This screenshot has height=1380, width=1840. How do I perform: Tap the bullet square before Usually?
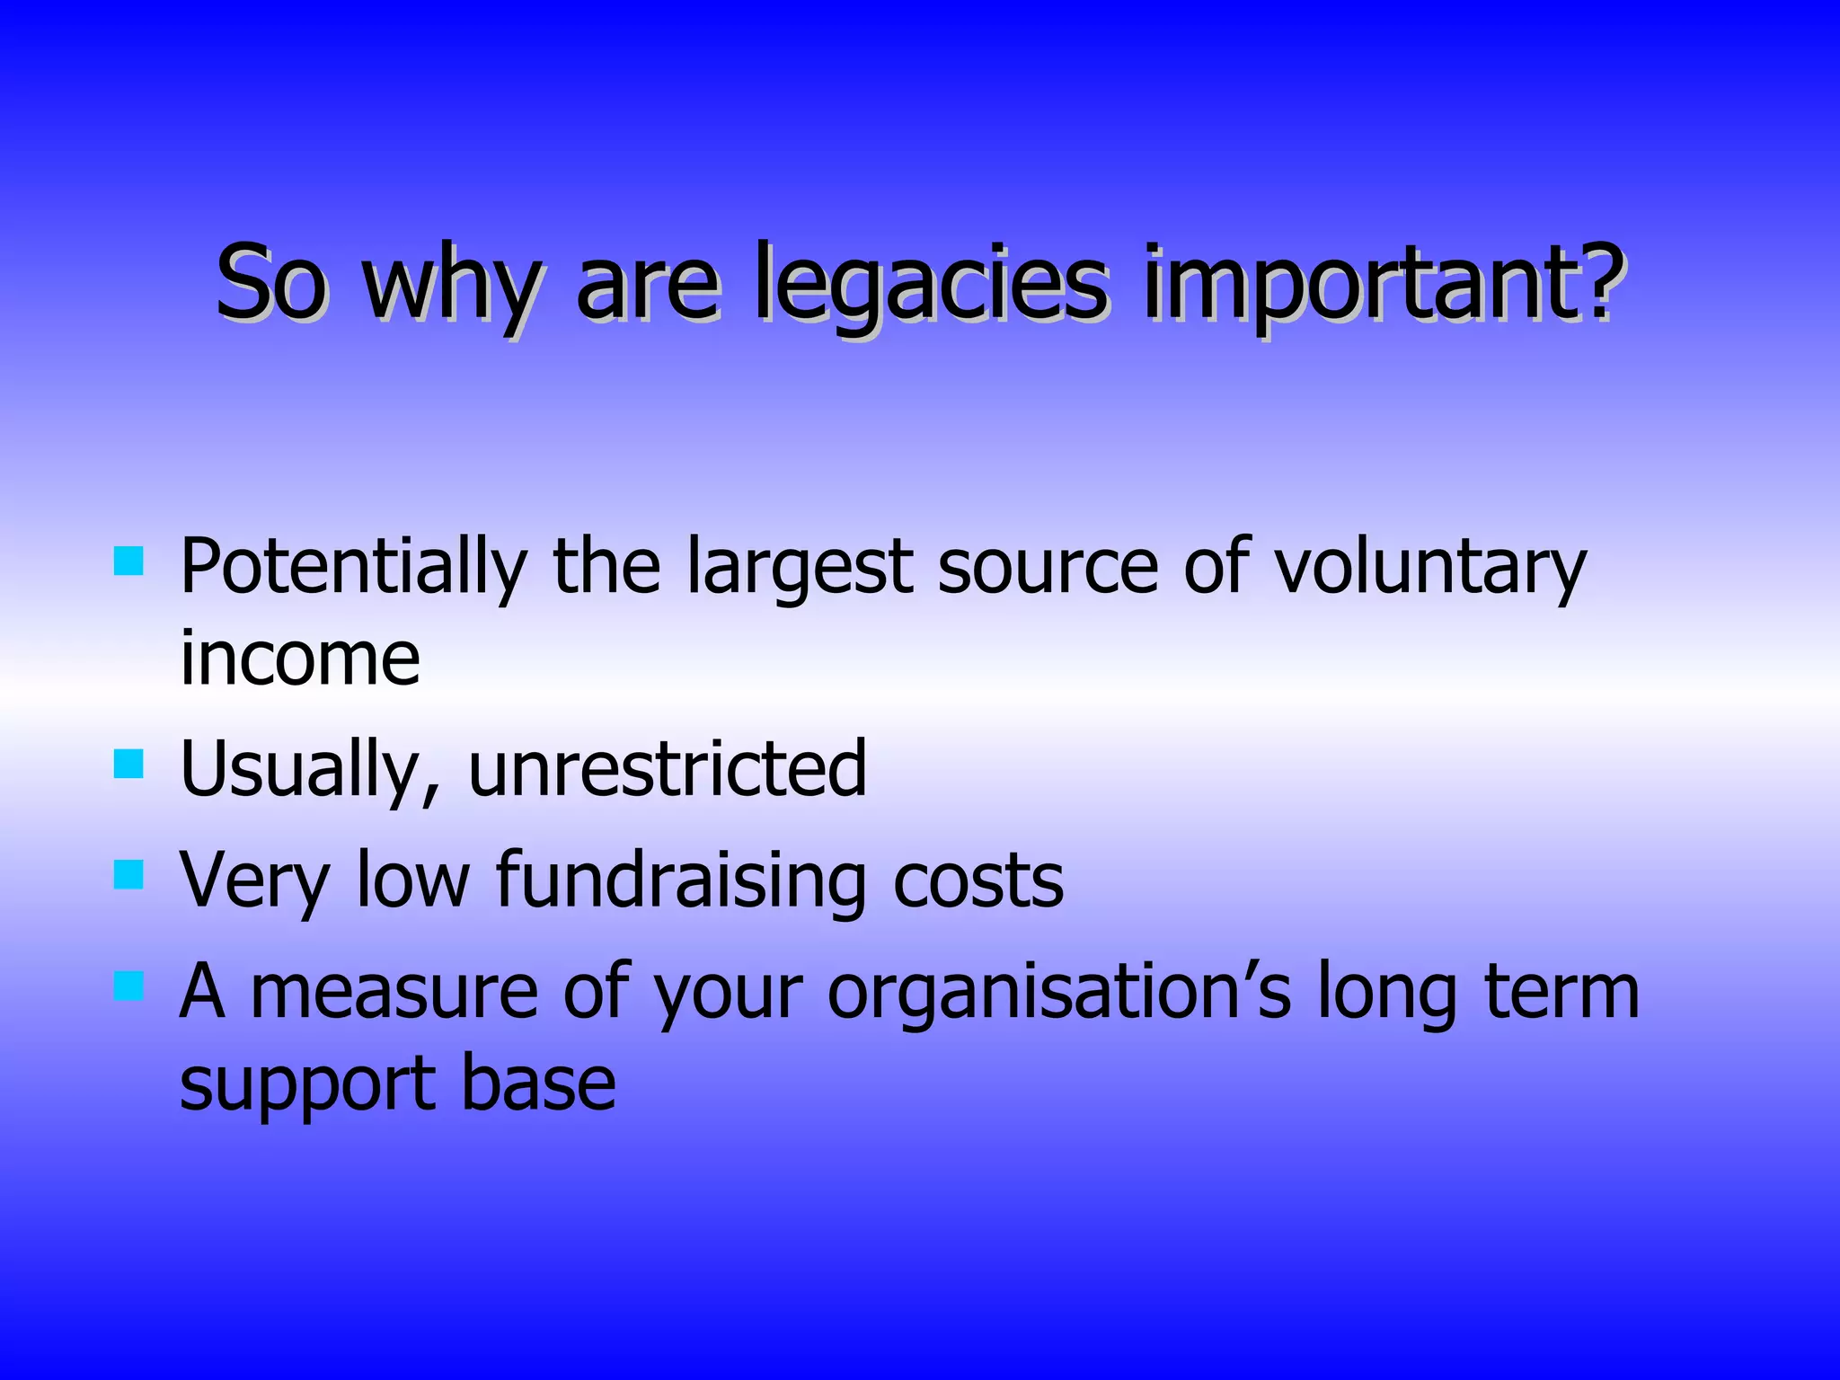pyautogui.click(x=129, y=765)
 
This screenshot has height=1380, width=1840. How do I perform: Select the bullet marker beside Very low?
pyautogui.click(x=129, y=874)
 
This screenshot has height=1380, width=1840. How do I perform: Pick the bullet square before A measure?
pyautogui.click(x=129, y=986)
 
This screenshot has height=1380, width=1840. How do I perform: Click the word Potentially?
pyautogui.click(x=353, y=568)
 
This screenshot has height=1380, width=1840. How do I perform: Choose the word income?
pyautogui.click(x=300, y=658)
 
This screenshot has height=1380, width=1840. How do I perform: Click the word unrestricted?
pyautogui.click(x=668, y=769)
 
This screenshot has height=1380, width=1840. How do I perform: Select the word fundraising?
pyautogui.click(x=680, y=880)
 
